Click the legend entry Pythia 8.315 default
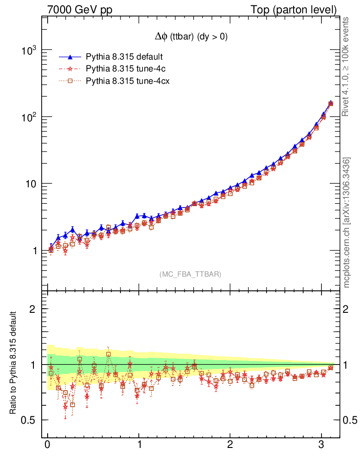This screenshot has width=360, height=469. pos(125,57)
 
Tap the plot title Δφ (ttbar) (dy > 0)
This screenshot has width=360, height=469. pos(191,38)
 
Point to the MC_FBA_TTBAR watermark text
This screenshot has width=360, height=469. pos(190,274)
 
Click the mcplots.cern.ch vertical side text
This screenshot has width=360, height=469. pos(347,223)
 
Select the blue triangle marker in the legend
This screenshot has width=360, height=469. pos(70,57)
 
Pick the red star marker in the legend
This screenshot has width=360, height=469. pos(70,69)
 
